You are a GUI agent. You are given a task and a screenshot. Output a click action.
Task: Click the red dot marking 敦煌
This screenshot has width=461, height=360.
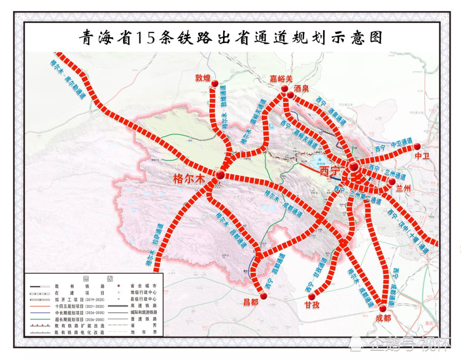pos(215,83)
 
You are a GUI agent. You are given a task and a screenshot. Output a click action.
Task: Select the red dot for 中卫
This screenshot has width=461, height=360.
pos(417,146)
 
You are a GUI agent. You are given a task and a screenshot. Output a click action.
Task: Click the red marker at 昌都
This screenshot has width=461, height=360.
pos(264,296)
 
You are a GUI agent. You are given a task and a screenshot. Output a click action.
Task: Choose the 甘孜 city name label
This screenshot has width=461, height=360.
pos(312,305)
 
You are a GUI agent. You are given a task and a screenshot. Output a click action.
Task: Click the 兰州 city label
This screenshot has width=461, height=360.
pos(403,188)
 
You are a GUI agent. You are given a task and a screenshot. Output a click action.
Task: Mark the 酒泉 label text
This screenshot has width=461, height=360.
pos(301,88)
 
